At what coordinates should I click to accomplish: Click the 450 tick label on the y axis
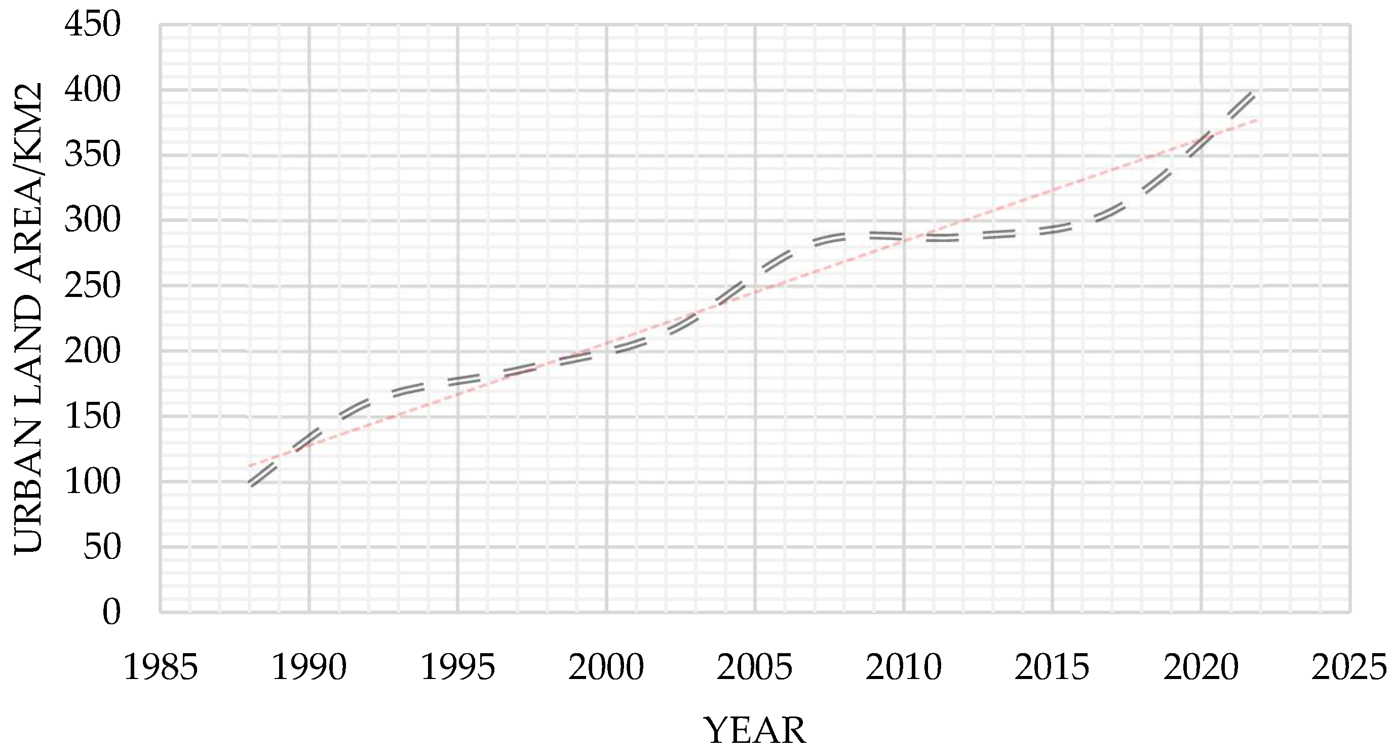click(92, 25)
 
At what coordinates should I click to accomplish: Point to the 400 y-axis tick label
click(92, 90)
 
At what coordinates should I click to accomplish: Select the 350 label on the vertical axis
click(92, 155)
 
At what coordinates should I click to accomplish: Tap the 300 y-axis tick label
click(92, 221)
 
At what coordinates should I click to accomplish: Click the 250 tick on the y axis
click(92, 286)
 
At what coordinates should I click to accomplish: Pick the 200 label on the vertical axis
click(92, 351)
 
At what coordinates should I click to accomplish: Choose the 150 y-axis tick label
click(92, 417)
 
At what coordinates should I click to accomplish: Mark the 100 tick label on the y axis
click(92, 482)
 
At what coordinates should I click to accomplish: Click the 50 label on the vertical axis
click(102, 547)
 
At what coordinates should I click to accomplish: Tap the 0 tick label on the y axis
click(111, 612)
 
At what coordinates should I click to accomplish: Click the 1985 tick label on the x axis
click(161, 667)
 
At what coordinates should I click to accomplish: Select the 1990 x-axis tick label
click(309, 667)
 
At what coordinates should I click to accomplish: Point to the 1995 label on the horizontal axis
click(458, 667)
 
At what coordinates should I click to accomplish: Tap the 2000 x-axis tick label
click(606, 667)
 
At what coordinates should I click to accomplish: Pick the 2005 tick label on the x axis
click(755, 667)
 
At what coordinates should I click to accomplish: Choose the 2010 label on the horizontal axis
click(904, 667)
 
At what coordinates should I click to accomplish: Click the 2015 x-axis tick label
click(1052, 667)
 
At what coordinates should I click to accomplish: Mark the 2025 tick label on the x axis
click(1348, 667)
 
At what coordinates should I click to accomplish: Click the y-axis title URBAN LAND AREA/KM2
click(28, 318)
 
